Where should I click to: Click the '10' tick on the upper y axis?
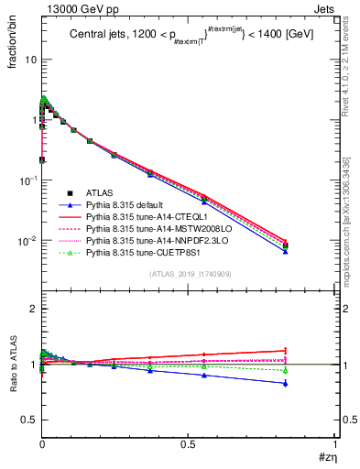click(x=30, y=60)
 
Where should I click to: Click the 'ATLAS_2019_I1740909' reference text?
click(x=189, y=274)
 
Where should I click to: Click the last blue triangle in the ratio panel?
click(x=286, y=383)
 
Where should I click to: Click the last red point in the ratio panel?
click(x=286, y=350)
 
